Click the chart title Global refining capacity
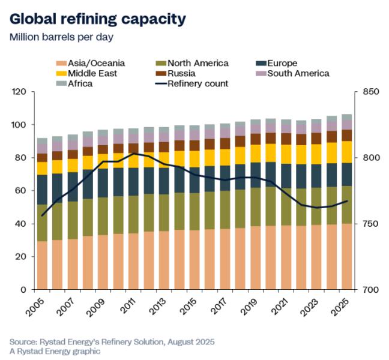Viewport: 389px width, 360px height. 97,19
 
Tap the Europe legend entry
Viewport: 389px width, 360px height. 283,63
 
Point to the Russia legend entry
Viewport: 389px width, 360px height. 182,73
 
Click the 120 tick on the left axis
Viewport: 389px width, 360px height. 20,92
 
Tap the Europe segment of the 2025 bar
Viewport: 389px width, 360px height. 347,175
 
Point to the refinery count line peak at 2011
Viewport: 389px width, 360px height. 134,154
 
